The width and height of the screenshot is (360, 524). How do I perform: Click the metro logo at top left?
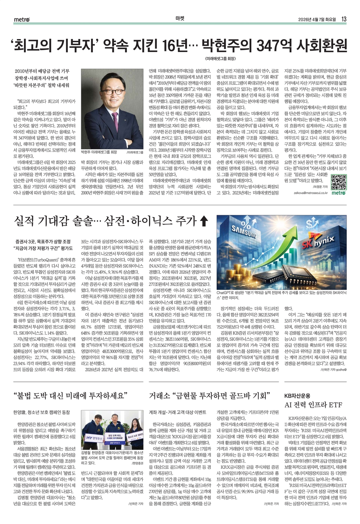[x=22, y=19]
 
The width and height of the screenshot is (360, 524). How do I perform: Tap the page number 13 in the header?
[x=344, y=19]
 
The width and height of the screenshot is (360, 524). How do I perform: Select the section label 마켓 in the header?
[x=180, y=19]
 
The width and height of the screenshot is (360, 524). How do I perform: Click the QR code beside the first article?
[x=339, y=181]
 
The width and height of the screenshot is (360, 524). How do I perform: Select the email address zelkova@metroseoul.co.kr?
[x=311, y=193]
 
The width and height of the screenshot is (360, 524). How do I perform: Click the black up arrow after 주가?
[x=204, y=221]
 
